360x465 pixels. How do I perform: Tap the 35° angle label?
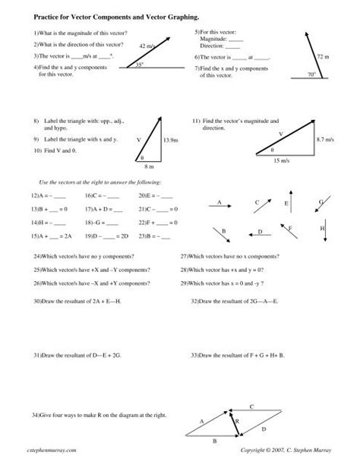click(x=138, y=64)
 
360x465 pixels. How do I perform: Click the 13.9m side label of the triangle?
click(x=170, y=141)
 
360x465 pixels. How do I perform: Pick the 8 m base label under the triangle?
click(x=150, y=166)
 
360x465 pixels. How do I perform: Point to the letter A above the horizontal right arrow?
click(x=219, y=202)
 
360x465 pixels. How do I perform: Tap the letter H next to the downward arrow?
click(x=322, y=229)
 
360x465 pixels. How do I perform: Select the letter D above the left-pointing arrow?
click(x=260, y=231)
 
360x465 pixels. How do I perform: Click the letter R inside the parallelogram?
click(x=237, y=420)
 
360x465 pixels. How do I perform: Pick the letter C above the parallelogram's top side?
click(x=251, y=407)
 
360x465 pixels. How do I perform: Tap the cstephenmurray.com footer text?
click(x=49, y=451)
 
